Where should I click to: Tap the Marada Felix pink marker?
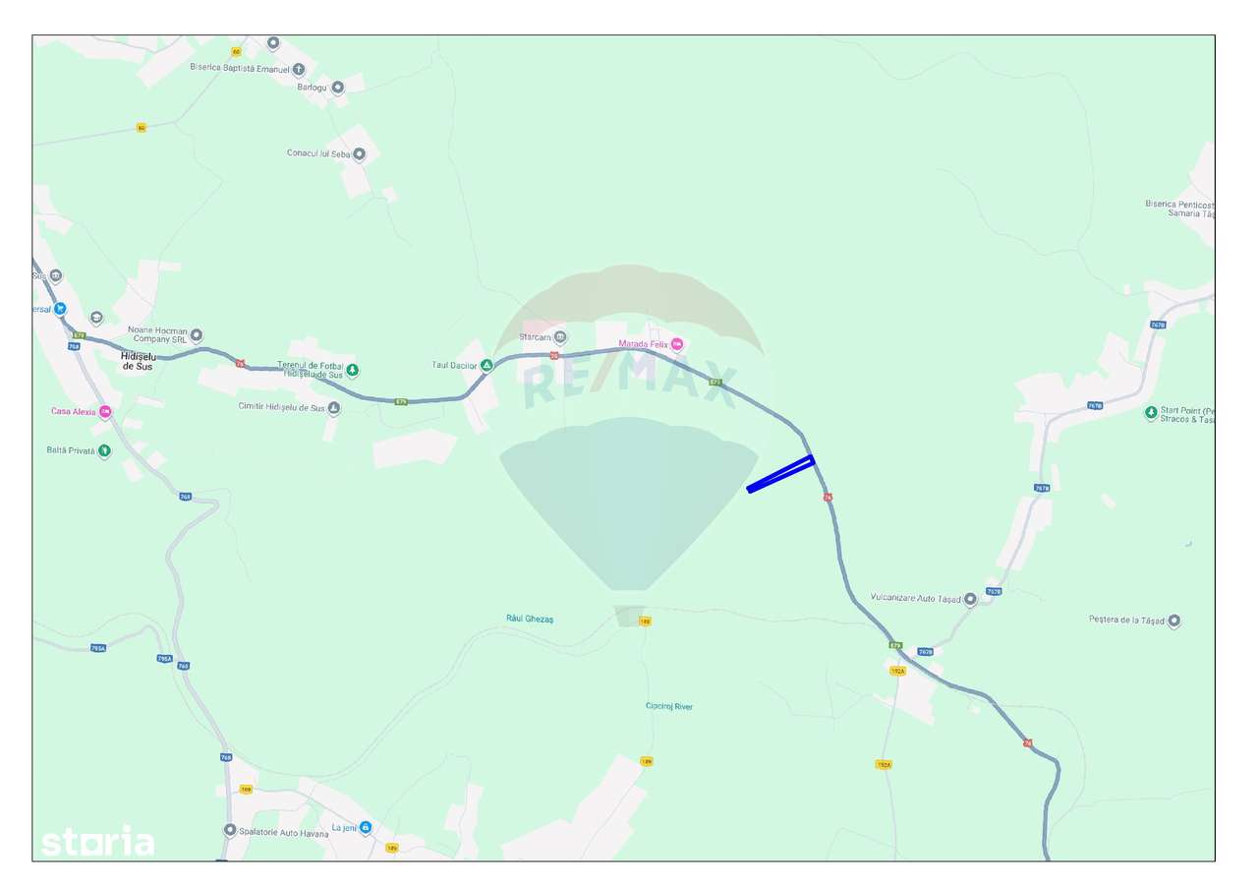[x=677, y=344]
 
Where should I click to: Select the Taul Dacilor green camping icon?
[x=486, y=366]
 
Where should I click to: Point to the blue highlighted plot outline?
[x=780, y=473]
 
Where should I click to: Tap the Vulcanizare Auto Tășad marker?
[x=970, y=598]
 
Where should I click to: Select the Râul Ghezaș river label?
[x=530, y=619]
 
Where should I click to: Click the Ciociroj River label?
[x=669, y=706]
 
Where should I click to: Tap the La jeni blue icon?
[x=366, y=828]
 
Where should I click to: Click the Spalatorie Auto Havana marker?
[x=230, y=830]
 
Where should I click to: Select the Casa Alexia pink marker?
[x=105, y=412]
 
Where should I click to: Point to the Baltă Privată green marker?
[x=104, y=450]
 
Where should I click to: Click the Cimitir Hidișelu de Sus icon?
[x=334, y=407]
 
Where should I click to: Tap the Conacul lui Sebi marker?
[x=360, y=153]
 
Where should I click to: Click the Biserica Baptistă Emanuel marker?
[x=299, y=69]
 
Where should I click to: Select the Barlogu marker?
[x=337, y=87]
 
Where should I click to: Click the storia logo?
[x=97, y=843]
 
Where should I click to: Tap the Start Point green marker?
[x=1151, y=413]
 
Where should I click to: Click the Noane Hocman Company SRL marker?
[x=197, y=334]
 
